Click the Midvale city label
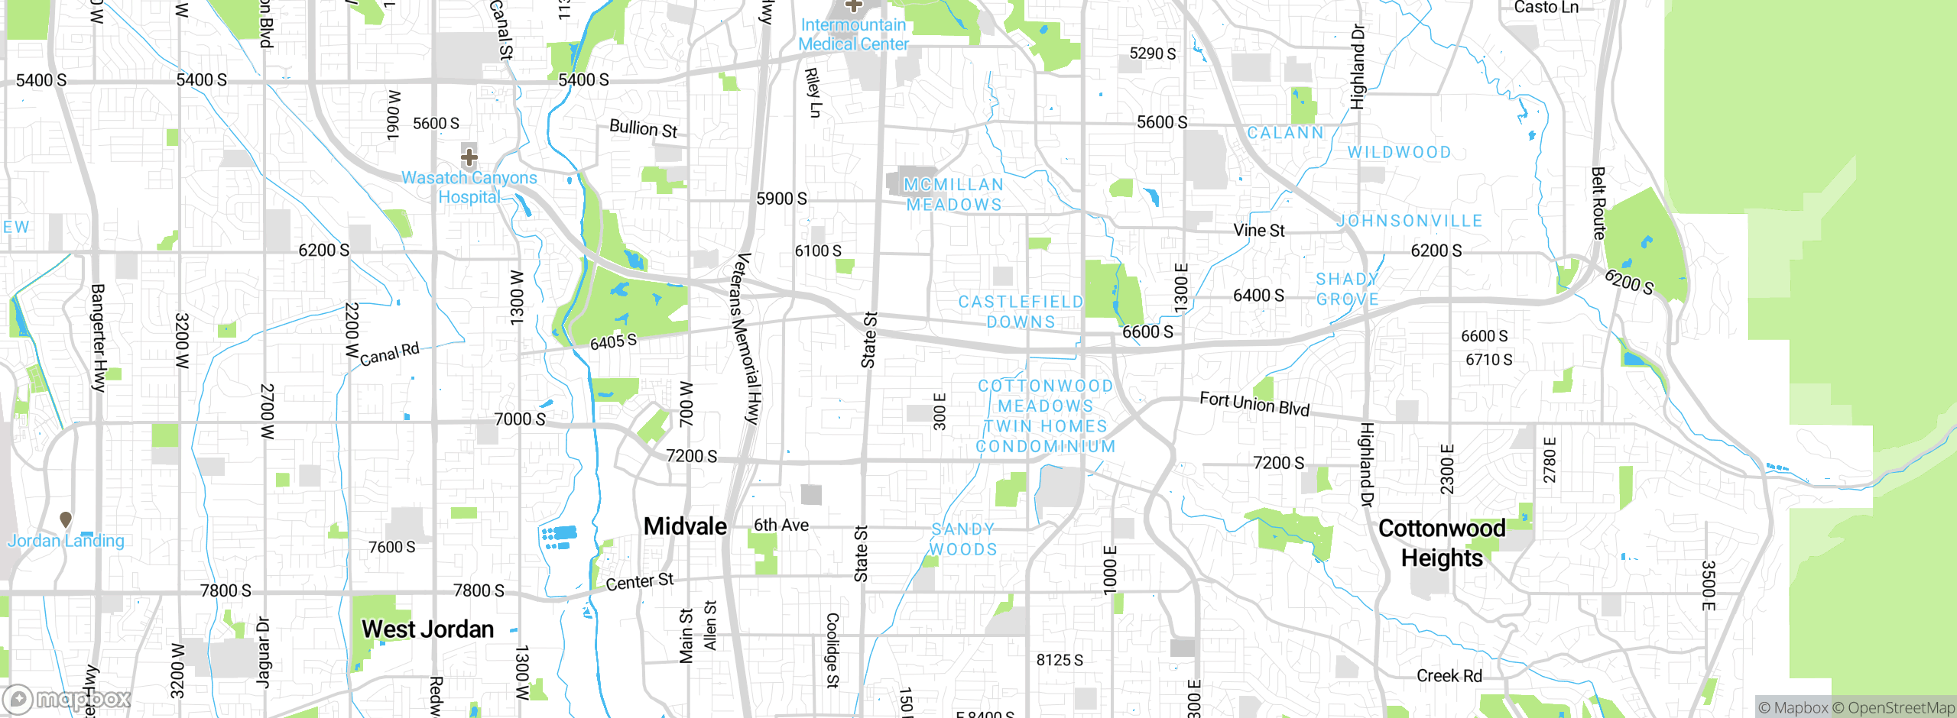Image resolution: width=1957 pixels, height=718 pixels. click(x=685, y=526)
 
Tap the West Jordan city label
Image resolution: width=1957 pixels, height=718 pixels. click(x=427, y=629)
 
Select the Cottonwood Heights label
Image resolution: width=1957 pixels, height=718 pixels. click(x=1442, y=543)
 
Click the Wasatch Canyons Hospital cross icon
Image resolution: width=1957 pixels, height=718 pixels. click(x=469, y=157)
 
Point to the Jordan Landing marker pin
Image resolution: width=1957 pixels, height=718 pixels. click(x=66, y=519)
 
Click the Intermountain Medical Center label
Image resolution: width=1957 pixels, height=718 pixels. click(x=853, y=34)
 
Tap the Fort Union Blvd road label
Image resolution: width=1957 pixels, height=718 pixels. click(x=1254, y=403)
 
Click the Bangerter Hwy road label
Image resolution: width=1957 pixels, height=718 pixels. click(x=98, y=338)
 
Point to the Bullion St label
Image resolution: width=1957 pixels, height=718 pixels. click(x=643, y=128)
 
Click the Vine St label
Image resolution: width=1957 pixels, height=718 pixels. click(x=1258, y=230)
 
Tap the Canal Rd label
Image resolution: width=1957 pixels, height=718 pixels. click(x=390, y=354)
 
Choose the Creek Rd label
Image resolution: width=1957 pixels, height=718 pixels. click(x=1449, y=676)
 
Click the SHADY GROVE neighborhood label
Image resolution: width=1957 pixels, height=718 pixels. click(x=1347, y=289)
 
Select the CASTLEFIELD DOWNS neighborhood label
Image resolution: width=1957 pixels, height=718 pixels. click(x=1021, y=312)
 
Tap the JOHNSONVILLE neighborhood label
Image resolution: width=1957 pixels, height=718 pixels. click(x=1410, y=221)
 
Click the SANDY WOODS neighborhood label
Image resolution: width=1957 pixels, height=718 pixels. click(x=963, y=539)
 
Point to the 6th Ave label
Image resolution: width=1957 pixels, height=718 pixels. click(x=781, y=525)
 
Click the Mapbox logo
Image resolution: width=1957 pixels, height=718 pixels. click(x=67, y=699)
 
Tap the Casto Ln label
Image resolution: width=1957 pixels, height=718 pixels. click(x=1546, y=8)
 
